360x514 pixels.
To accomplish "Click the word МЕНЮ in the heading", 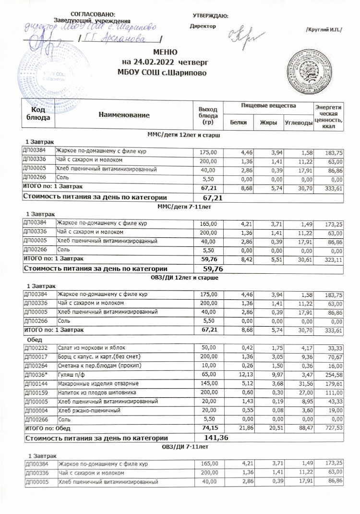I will [166, 52].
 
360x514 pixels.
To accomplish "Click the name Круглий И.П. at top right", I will [324, 29].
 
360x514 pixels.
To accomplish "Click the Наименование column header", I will [124, 115].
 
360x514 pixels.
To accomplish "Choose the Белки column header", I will [239, 122].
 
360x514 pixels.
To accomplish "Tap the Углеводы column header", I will [298, 123].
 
